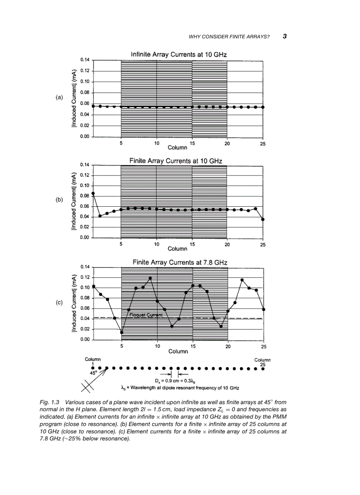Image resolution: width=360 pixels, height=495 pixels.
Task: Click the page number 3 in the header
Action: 285,36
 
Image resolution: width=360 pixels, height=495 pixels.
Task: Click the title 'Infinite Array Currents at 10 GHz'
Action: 179,54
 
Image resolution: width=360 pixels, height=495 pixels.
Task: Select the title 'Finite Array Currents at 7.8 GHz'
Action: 180,262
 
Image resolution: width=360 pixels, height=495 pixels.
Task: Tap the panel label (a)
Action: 60,97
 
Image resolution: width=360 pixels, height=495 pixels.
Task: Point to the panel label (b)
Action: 60,200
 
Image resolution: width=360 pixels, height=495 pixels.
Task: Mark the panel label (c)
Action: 60,303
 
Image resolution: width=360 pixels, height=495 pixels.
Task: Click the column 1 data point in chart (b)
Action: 93,194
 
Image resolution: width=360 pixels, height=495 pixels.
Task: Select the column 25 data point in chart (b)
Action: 263,219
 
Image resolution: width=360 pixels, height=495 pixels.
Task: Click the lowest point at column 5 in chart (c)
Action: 122,332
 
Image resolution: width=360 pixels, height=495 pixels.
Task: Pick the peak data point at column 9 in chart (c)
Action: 150,278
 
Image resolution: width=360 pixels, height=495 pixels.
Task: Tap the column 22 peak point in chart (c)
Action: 242,280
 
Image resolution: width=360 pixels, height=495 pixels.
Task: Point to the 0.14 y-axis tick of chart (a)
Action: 85,60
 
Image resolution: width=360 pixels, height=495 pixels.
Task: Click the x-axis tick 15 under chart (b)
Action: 192,244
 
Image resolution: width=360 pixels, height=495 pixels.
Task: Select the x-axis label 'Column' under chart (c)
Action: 178,351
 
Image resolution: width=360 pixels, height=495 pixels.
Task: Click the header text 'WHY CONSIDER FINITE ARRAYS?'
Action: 229,37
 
